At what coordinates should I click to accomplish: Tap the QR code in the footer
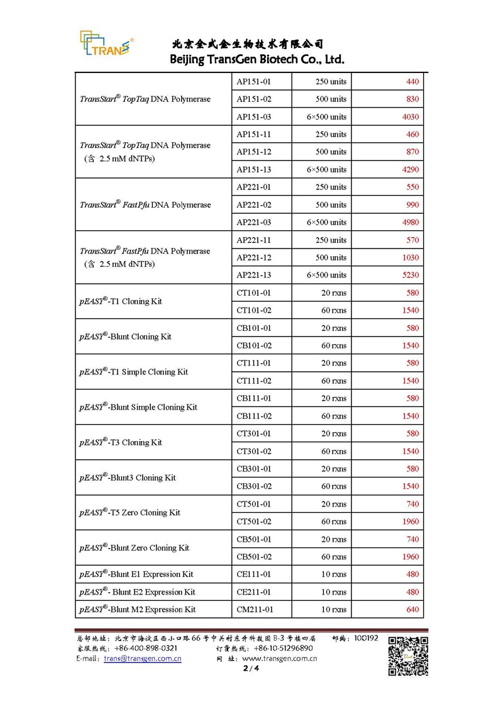point(407,656)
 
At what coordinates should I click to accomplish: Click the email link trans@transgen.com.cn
point(143,658)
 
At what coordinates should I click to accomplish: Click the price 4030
point(410,117)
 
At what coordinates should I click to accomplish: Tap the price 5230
point(410,276)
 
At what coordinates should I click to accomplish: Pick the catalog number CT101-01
point(253,293)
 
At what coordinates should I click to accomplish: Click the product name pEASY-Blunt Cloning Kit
point(126,337)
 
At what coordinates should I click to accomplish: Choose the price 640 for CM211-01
point(412,610)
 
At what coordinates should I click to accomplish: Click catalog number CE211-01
point(253,592)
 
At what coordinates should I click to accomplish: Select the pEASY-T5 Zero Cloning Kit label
point(130,513)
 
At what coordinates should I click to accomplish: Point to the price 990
point(412,205)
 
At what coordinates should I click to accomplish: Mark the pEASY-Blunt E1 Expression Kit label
point(136,574)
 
